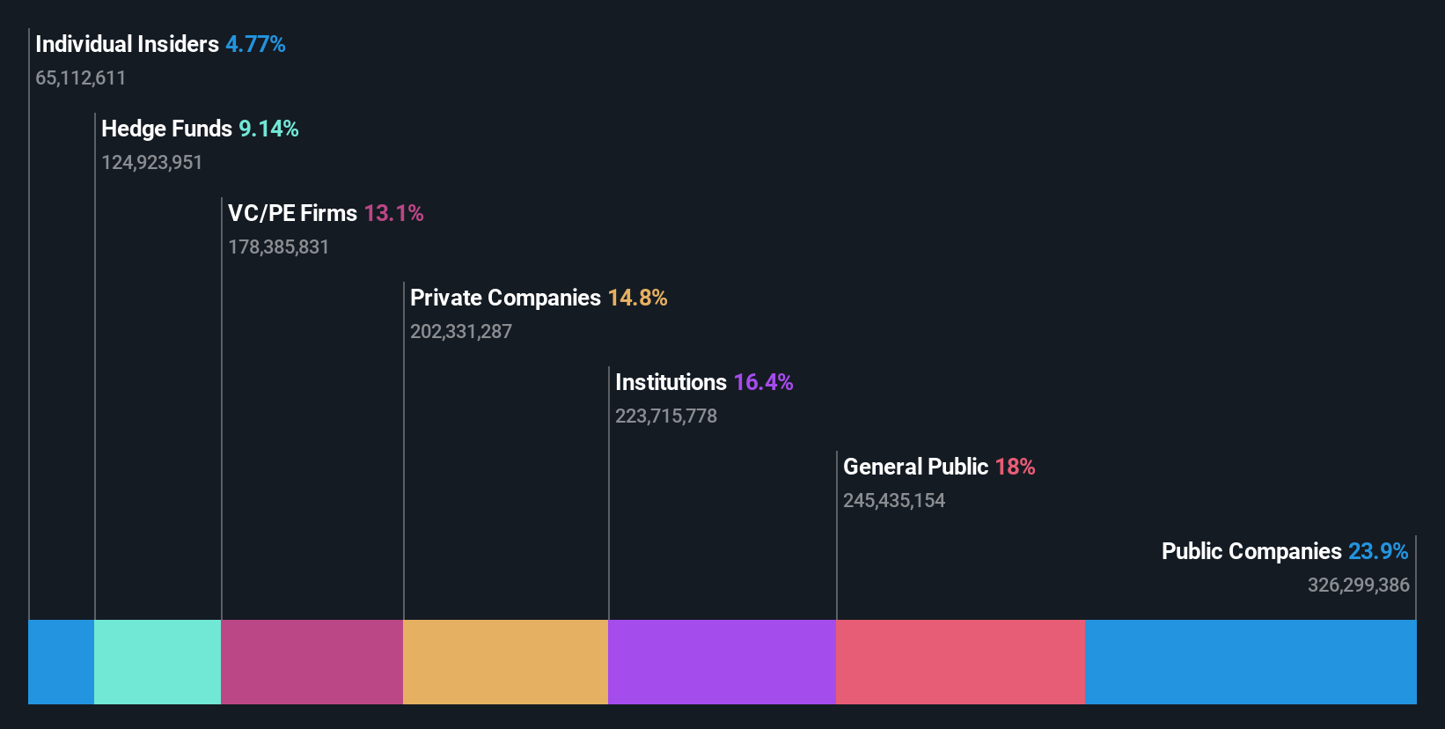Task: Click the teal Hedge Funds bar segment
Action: [x=158, y=661]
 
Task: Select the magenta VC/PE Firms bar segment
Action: [x=312, y=661]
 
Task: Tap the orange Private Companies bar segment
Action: [x=505, y=661]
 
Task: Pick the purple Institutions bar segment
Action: [x=722, y=661]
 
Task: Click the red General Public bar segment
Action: [x=960, y=661]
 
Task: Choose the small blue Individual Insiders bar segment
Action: [x=61, y=661]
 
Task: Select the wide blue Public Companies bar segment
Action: [x=1251, y=661]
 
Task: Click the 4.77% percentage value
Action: [x=255, y=44]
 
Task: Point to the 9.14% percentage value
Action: [x=268, y=129]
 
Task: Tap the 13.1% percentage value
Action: [x=393, y=213]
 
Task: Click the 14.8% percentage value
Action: [x=637, y=298]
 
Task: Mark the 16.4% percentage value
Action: [x=763, y=382]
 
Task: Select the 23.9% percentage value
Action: [x=1377, y=551]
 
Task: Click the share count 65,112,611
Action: [x=80, y=77]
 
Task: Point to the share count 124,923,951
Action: [x=151, y=162]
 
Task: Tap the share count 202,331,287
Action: [x=460, y=331]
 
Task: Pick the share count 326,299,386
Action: [x=1358, y=585]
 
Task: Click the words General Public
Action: [x=915, y=467]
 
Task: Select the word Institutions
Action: [x=671, y=382]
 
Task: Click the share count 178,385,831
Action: [x=278, y=247]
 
